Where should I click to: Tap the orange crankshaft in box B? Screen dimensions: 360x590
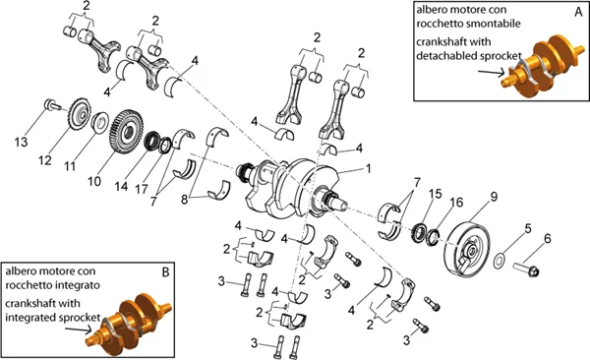125,315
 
